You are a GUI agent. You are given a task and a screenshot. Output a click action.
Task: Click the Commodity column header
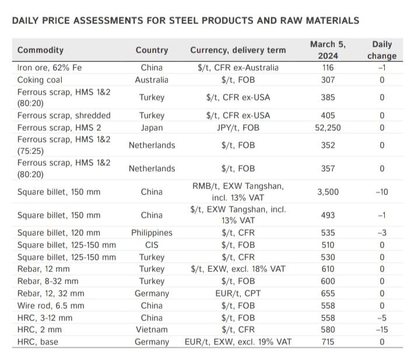[x=40, y=50]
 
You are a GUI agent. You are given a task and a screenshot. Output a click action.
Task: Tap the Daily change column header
[x=382, y=50]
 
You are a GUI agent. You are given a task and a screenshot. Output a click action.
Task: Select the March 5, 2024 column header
[x=328, y=50]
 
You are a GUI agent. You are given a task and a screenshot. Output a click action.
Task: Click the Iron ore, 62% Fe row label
[x=50, y=68]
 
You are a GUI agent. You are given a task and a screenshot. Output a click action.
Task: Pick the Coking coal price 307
[x=328, y=79]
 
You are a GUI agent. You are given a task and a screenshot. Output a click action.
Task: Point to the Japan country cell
[x=152, y=127]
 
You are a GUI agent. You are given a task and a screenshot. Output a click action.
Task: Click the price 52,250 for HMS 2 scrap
[x=328, y=127]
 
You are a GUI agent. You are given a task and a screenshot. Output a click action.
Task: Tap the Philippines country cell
[x=152, y=233]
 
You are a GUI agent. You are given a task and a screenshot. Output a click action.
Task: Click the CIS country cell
[x=152, y=245]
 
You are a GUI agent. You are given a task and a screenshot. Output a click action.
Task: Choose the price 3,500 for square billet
[x=328, y=191]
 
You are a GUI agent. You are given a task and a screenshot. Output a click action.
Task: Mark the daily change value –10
[x=382, y=191]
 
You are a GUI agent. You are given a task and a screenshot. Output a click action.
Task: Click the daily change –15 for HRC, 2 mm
[x=382, y=330]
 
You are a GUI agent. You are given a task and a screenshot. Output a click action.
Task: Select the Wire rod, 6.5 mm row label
[x=51, y=306]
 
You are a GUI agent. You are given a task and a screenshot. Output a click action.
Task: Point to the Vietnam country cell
[x=152, y=330]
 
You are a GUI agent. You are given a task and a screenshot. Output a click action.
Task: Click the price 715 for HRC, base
[x=328, y=342]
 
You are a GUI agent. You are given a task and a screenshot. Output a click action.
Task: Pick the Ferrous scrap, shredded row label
[x=64, y=116]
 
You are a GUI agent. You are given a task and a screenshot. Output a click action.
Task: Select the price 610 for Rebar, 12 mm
[x=328, y=269]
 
